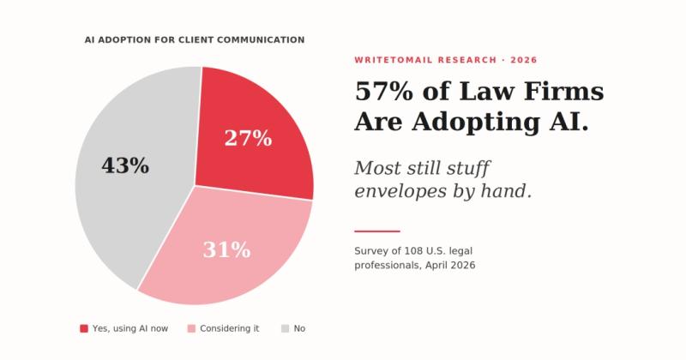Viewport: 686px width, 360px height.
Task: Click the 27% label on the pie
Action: click(248, 138)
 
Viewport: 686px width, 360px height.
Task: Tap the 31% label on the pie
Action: click(226, 250)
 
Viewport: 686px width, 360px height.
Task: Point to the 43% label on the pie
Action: click(125, 166)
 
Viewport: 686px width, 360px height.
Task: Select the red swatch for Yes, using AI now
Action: click(84, 328)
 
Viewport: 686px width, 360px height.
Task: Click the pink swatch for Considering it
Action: click(191, 328)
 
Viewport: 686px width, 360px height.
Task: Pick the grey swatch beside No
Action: click(285, 328)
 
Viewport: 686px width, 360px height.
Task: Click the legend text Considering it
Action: click(230, 328)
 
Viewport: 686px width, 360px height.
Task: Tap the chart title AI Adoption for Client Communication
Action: click(195, 39)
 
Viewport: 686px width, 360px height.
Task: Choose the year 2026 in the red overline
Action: click(524, 60)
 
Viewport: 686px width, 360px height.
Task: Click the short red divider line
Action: click(377, 231)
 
